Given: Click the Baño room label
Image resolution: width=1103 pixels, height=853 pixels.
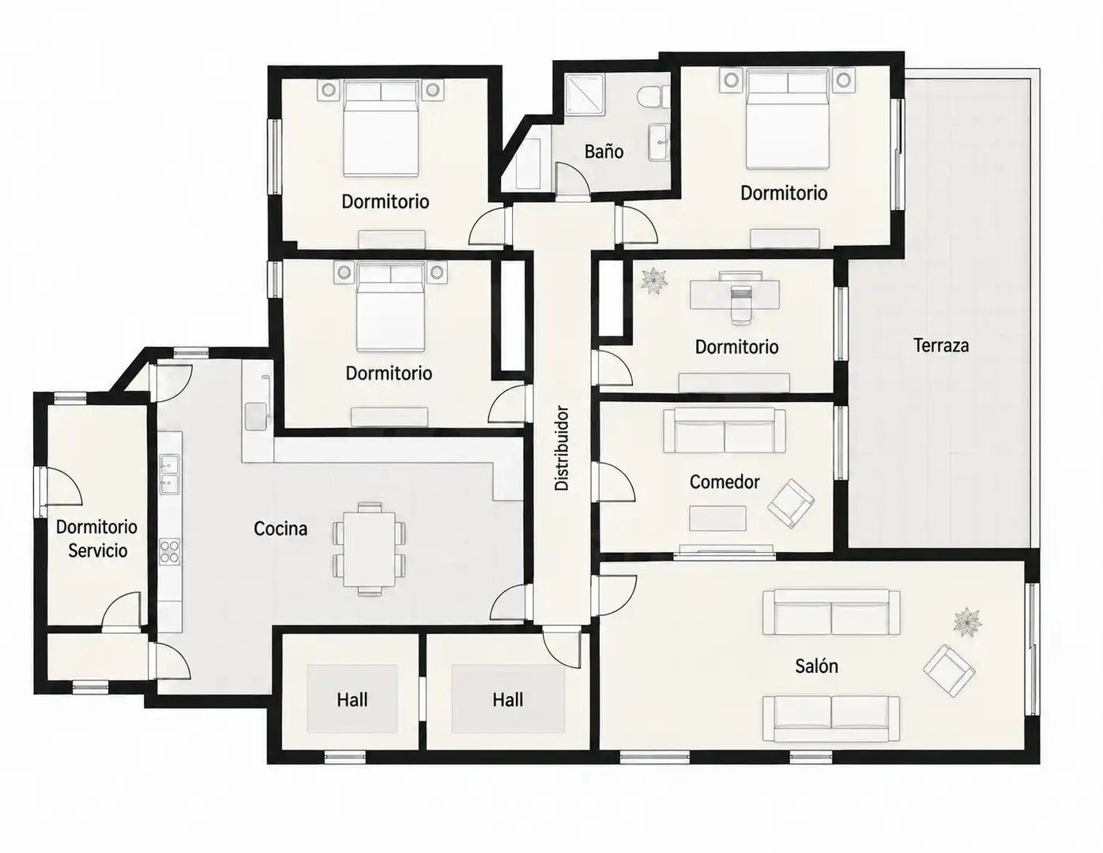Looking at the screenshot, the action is click(604, 151).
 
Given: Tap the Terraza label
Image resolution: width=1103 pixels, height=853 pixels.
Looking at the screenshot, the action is click(941, 346).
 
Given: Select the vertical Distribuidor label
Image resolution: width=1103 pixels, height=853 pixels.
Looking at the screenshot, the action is click(562, 448).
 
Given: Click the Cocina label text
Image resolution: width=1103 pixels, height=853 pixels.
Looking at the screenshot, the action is click(280, 528).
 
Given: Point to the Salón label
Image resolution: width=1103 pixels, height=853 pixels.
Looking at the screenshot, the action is click(816, 666).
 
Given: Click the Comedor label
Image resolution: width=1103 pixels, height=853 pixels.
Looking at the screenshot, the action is click(725, 482).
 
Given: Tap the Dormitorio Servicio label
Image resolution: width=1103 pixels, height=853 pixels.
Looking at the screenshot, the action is click(96, 539).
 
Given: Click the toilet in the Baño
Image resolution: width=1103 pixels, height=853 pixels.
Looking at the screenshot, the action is click(653, 96).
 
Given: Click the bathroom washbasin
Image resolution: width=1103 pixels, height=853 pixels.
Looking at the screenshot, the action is click(658, 142).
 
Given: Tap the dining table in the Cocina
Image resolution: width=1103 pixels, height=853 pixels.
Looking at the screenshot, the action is click(369, 549).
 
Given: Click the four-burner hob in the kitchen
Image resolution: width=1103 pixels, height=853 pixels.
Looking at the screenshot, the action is click(170, 551).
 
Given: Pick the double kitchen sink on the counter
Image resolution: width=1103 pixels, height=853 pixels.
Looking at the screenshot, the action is click(169, 475).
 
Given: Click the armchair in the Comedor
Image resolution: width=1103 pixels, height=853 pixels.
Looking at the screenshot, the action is click(791, 503).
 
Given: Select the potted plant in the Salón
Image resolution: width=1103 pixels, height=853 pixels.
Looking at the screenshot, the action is click(967, 622).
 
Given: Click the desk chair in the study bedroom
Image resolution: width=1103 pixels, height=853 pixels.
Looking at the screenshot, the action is click(740, 304).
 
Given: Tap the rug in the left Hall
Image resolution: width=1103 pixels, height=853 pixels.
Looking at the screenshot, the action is click(352, 699).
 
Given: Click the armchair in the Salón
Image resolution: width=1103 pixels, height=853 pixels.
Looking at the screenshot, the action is click(948, 671).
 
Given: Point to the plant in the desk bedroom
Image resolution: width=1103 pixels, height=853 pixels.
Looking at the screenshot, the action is click(653, 280).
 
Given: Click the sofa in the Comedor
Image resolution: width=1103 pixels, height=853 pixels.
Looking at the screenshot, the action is click(724, 430).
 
